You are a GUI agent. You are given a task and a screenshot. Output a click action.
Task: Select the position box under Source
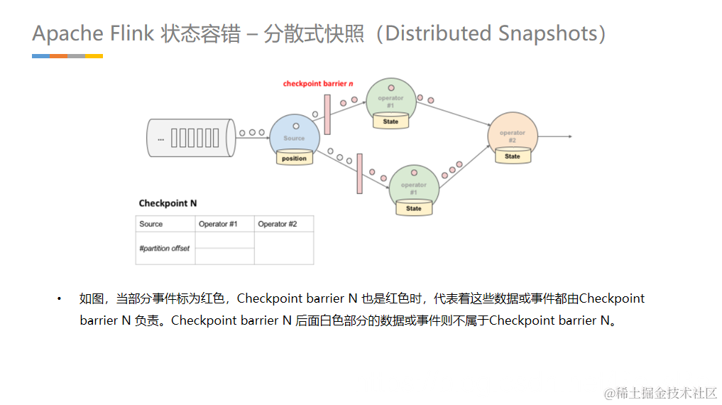(294, 158)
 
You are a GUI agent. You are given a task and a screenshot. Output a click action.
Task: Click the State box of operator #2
(513, 156)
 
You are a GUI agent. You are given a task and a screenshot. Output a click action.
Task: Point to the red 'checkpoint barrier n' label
(318, 84)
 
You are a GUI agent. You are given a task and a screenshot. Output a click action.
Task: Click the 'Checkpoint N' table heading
(168, 203)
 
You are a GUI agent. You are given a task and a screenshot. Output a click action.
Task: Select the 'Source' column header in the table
(151, 224)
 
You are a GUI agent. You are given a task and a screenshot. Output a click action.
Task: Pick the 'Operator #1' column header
(218, 224)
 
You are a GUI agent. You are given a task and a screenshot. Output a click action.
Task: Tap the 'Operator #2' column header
(278, 224)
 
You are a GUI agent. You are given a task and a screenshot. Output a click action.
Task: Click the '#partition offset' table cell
(164, 248)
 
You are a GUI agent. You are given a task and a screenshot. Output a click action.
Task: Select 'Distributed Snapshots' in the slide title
(491, 33)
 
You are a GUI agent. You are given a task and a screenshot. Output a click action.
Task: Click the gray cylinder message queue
(190, 137)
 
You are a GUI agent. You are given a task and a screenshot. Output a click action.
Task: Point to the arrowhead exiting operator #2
(569, 136)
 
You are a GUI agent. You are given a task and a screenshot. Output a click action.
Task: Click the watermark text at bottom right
(660, 393)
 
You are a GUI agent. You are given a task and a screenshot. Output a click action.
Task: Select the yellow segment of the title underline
(94, 56)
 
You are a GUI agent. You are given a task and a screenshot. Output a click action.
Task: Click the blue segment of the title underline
(40, 56)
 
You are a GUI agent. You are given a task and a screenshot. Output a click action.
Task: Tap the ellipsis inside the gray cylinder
(160, 139)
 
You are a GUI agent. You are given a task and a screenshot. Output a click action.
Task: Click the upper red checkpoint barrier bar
(327, 114)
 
